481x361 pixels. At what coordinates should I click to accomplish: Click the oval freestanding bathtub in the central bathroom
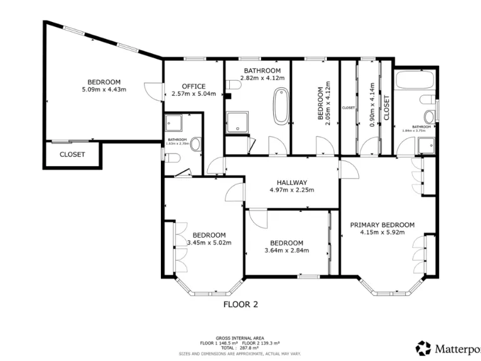pyautogui.click(x=281, y=105)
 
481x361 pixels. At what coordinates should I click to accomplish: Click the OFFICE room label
pyautogui.click(x=194, y=86)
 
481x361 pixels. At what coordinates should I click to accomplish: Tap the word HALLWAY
pyautogui.click(x=291, y=182)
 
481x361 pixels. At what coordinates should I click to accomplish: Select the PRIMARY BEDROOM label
pyautogui.click(x=382, y=225)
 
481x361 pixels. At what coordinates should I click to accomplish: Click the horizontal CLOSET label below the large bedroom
pyautogui.click(x=72, y=154)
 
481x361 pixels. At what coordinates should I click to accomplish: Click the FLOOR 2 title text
pyautogui.click(x=241, y=305)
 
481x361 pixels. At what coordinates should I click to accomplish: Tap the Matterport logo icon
pyautogui.click(x=423, y=347)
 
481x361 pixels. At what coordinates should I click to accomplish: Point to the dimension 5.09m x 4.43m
pyautogui.click(x=103, y=90)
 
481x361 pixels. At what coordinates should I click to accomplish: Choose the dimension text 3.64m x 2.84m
pyautogui.click(x=287, y=252)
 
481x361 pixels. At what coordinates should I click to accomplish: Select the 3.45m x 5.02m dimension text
pyautogui.click(x=209, y=243)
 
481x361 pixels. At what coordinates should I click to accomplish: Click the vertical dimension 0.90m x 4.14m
pyautogui.click(x=373, y=105)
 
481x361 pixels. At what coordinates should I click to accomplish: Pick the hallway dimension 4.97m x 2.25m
pyautogui.click(x=291, y=191)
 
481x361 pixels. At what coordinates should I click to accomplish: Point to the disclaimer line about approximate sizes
pyautogui.click(x=239, y=353)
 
